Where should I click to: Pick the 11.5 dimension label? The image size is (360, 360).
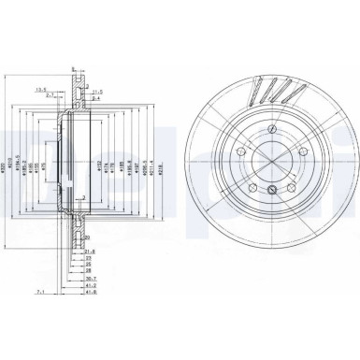click(x=97, y=91)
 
